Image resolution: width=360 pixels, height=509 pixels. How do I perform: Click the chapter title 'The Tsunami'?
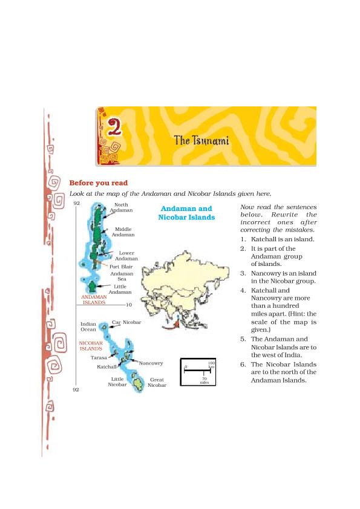(x=201, y=141)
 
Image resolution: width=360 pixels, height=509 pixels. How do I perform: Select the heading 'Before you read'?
(x=99, y=183)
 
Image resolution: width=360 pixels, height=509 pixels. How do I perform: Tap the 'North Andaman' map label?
(x=121, y=207)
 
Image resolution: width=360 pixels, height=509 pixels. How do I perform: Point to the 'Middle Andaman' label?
(x=123, y=232)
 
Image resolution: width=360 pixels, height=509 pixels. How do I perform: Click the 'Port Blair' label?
(x=121, y=266)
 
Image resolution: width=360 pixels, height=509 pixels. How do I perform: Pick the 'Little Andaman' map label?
(x=120, y=289)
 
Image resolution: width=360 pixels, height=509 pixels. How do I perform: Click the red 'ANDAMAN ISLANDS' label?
(x=94, y=299)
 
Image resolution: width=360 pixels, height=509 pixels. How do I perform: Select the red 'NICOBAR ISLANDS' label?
(x=91, y=346)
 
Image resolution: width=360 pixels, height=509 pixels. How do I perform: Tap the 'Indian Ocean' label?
(x=88, y=326)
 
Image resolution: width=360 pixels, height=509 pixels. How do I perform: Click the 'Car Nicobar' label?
(x=126, y=322)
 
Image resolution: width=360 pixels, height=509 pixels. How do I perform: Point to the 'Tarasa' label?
(x=99, y=358)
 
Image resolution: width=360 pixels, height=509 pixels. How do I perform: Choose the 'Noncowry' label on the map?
(x=151, y=363)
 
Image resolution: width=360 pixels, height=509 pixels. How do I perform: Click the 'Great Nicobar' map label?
(x=157, y=382)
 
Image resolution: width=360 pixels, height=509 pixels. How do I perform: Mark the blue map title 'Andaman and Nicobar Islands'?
(x=187, y=213)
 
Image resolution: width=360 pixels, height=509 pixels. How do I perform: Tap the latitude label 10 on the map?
(x=128, y=305)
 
